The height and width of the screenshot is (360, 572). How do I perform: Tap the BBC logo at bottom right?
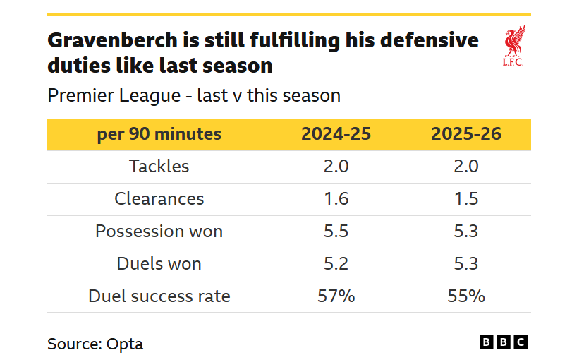click(x=504, y=342)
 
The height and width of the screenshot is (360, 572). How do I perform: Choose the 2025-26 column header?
click(x=466, y=134)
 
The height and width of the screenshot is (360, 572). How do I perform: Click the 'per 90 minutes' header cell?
click(x=159, y=134)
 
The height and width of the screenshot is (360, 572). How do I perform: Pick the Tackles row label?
click(x=159, y=167)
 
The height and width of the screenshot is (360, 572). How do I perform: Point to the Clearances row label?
click(x=159, y=199)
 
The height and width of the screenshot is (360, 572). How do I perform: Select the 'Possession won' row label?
click(x=159, y=232)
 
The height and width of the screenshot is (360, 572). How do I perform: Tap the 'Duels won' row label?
click(x=159, y=264)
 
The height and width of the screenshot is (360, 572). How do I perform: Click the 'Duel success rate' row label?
click(x=159, y=296)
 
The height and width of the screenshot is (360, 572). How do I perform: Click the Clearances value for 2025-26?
click(x=466, y=199)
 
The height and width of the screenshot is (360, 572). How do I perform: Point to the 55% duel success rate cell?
click(x=466, y=296)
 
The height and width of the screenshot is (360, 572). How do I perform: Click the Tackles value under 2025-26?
click(x=466, y=167)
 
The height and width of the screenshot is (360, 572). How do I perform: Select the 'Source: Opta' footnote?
click(x=95, y=344)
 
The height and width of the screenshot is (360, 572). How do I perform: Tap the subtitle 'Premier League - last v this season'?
click(x=194, y=95)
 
